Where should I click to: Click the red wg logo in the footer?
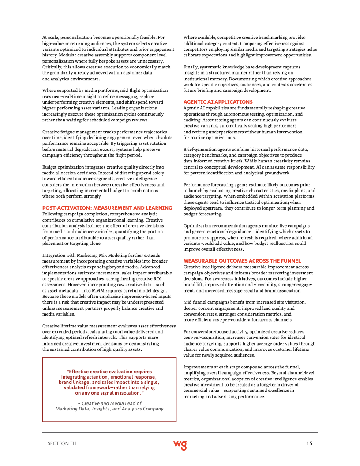[180, 444]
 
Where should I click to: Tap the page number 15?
[309, 443]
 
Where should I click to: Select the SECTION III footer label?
[62, 443]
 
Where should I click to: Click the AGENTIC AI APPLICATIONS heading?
[218, 102]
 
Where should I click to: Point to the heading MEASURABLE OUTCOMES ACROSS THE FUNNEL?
[242, 261]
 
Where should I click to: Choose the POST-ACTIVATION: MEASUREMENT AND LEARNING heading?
[107, 208]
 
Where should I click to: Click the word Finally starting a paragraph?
[191, 66]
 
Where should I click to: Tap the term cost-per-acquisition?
[204, 338]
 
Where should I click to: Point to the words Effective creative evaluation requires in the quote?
[109, 372]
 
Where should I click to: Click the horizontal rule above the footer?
[180, 432]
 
